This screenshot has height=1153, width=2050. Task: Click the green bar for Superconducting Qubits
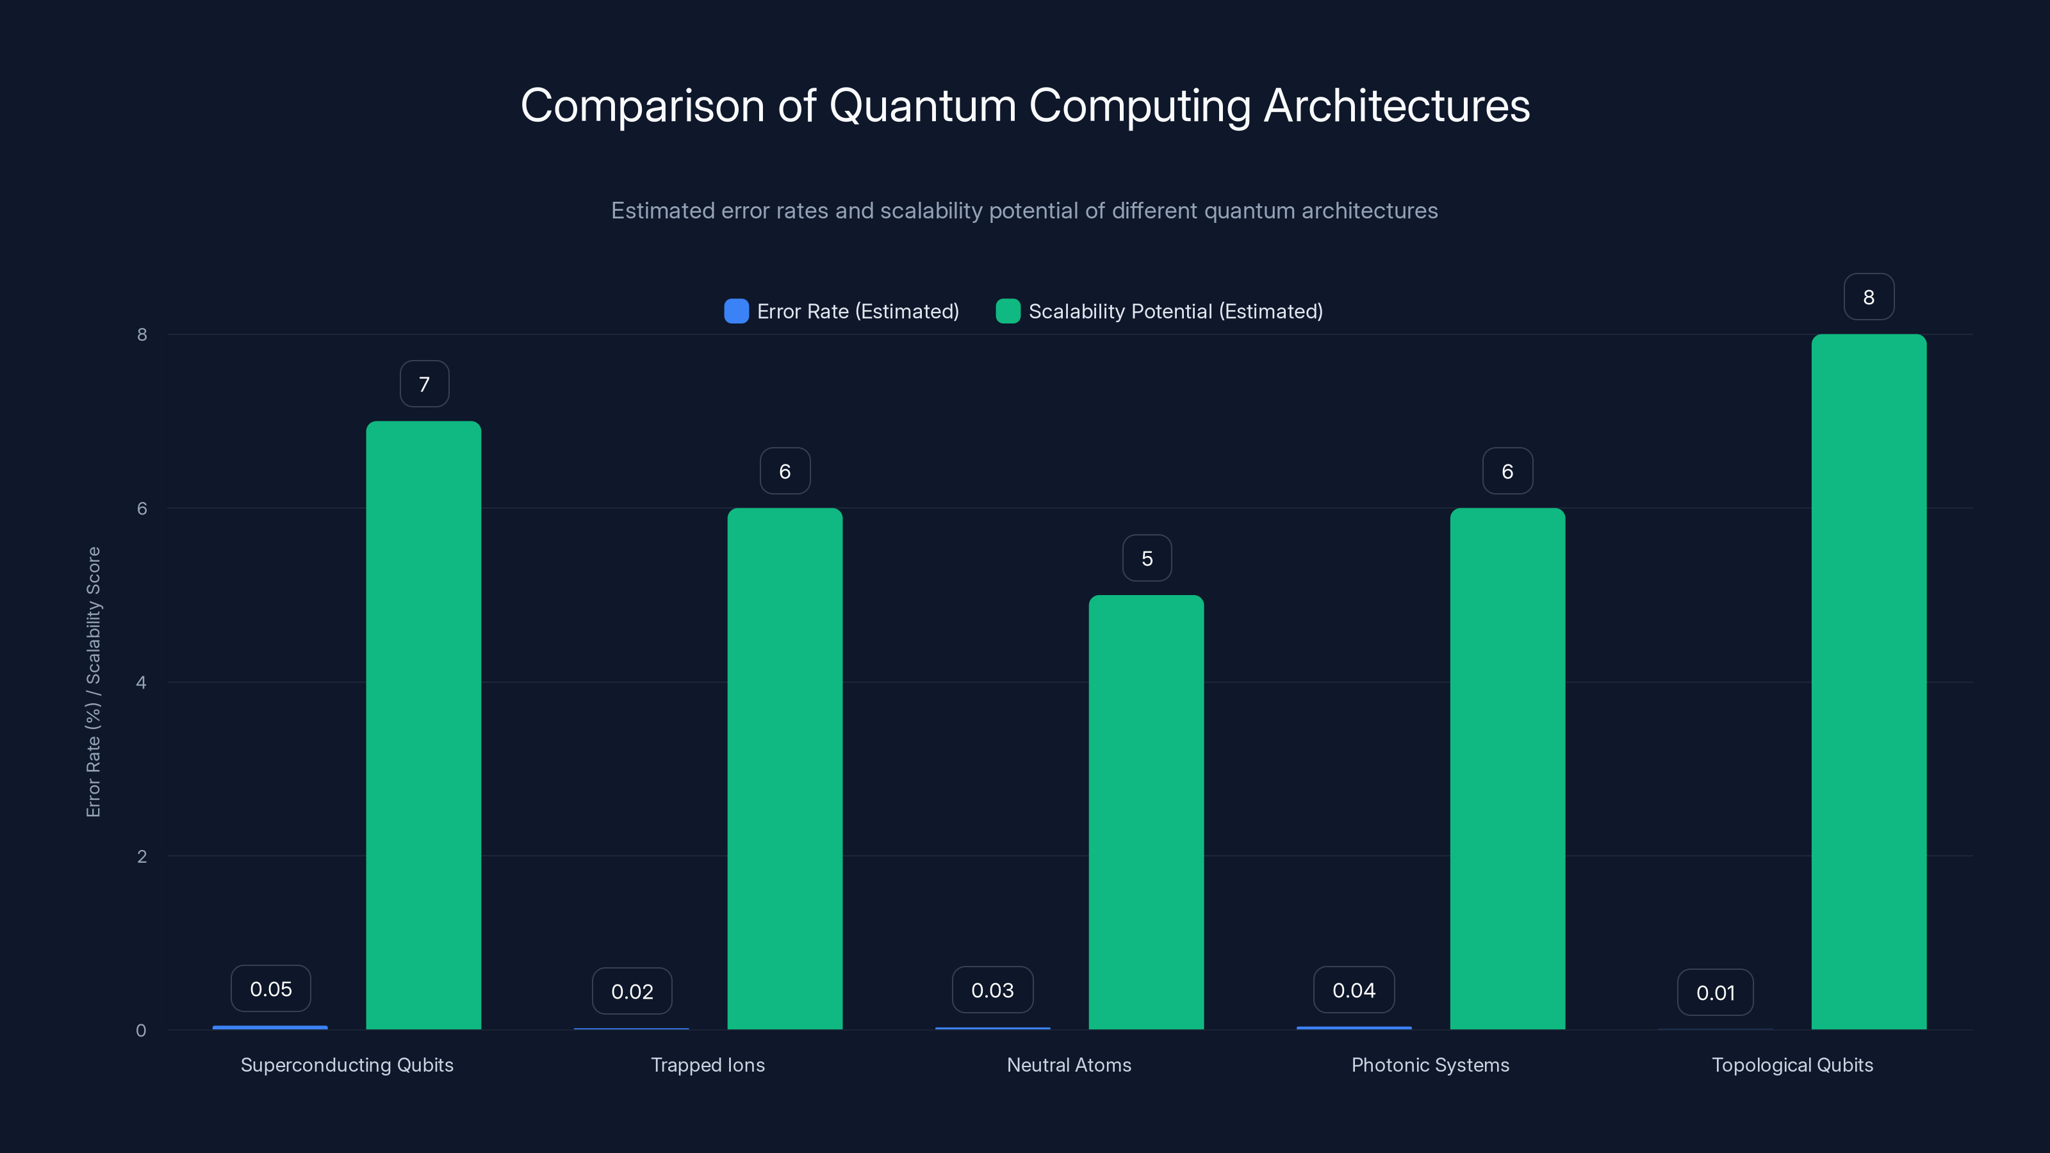[x=423, y=724]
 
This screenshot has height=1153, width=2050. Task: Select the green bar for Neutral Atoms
[x=1146, y=812]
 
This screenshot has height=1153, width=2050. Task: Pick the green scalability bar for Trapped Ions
[x=785, y=768]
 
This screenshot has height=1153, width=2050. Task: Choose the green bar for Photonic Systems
[x=1507, y=768]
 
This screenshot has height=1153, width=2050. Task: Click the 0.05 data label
[x=270, y=989]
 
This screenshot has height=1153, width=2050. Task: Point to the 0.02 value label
[x=632, y=992]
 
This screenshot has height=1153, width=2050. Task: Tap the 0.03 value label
[x=992, y=990]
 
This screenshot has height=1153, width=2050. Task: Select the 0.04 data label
[x=1354, y=990]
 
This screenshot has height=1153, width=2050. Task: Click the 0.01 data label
[x=1715, y=992]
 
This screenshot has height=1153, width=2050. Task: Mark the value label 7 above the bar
[x=424, y=384]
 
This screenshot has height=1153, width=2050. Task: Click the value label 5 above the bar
[x=1147, y=559]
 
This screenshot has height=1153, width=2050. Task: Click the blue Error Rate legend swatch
[x=736, y=311]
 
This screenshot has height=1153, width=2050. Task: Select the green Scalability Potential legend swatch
[x=1008, y=311]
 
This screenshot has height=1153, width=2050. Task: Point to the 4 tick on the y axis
[x=142, y=683]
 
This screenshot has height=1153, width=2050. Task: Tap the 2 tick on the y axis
[x=142, y=857]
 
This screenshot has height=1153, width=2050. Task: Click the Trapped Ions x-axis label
[x=707, y=1065]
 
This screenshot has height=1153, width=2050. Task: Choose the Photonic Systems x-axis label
[x=1430, y=1065]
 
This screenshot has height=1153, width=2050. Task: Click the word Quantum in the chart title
[x=922, y=106]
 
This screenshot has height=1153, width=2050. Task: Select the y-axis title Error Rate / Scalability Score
[x=93, y=682]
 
